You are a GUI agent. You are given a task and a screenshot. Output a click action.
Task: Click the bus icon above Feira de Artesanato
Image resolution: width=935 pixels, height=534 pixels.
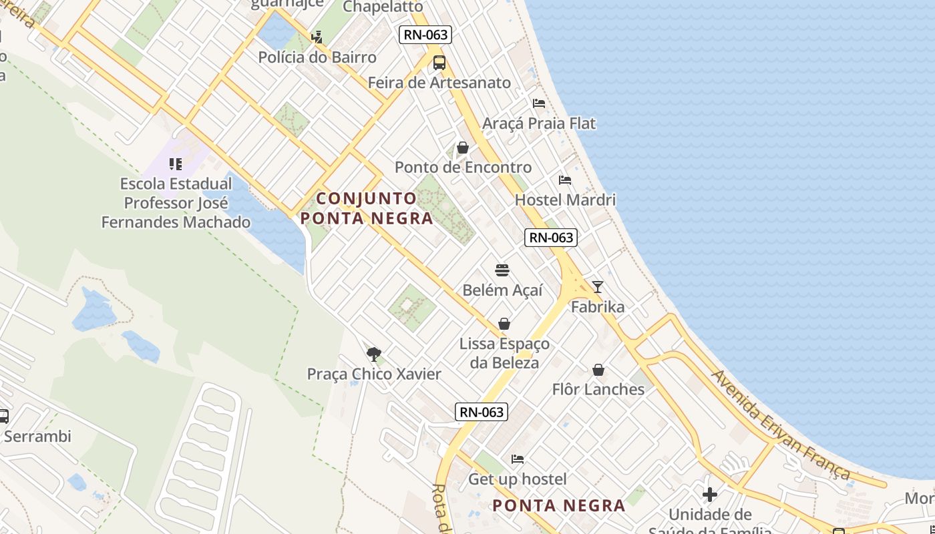click(439, 63)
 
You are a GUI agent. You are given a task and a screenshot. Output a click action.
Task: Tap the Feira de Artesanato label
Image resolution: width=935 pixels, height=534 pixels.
click(439, 83)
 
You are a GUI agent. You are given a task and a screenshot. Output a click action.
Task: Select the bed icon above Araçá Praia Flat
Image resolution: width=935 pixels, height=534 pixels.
click(539, 103)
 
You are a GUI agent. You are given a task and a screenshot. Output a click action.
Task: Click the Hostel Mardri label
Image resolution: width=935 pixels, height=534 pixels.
click(565, 200)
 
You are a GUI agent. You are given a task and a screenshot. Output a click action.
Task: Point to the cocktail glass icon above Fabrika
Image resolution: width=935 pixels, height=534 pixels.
click(598, 287)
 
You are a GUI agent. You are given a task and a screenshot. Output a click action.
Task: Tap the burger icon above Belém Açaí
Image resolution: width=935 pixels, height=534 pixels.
click(502, 270)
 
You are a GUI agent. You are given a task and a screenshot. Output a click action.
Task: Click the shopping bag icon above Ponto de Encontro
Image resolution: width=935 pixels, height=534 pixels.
click(462, 148)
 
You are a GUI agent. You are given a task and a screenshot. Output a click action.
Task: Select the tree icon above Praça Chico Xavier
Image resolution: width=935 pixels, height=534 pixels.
click(374, 354)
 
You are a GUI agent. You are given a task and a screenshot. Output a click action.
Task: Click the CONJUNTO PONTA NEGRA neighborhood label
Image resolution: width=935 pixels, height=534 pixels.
click(367, 208)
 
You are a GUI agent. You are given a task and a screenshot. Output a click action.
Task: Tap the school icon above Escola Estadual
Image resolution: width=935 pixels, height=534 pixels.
click(176, 164)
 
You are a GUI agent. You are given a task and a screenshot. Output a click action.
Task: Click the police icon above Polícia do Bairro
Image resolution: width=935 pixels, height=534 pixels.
click(317, 37)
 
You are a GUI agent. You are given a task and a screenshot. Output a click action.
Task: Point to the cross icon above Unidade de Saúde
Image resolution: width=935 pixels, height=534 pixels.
click(710, 495)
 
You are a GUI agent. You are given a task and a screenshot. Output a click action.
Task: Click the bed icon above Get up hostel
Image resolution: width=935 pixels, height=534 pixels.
click(518, 459)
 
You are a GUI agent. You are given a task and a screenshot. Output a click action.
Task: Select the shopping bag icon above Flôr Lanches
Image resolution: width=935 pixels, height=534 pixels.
click(598, 370)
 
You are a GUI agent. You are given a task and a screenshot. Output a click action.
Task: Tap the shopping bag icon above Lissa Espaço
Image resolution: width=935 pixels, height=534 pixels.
click(504, 324)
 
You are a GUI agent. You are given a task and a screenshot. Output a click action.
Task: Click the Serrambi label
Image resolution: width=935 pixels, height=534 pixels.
click(37, 437)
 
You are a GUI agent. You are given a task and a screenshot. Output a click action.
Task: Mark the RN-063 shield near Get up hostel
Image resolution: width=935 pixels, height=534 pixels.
click(482, 412)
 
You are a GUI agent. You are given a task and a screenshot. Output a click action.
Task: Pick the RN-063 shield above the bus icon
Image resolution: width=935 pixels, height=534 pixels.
click(425, 35)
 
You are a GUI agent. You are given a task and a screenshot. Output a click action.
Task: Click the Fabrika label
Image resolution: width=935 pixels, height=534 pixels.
click(598, 307)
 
